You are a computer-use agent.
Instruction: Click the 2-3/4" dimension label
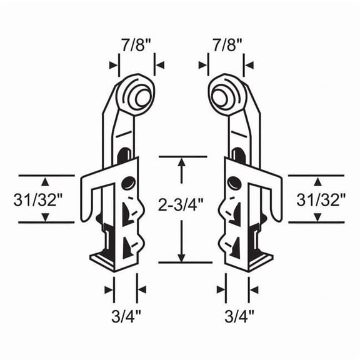(x=181, y=204)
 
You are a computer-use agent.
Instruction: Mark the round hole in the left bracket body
(x=129, y=183)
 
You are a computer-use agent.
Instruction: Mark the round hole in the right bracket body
(x=233, y=183)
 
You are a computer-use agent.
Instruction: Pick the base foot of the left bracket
(x=103, y=259)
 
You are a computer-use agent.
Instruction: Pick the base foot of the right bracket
(x=257, y=259)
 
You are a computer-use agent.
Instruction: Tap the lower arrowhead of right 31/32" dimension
(x=317, y=217)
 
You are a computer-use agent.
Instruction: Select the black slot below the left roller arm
(x=127, y=153)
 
